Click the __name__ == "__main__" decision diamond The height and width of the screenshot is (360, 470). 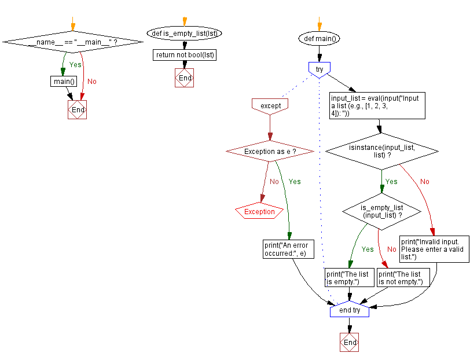coord(72,42)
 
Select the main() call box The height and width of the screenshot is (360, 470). coord(64,81)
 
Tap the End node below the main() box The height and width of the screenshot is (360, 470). coord(77,110)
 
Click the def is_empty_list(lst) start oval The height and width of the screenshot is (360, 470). coord(184,33)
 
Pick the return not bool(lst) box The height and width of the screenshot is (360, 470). coord(185,55)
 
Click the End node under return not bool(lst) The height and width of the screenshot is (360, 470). coord(184,78)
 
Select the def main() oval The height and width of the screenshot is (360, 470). coord(319,39)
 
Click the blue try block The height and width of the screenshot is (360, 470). coord(319,69)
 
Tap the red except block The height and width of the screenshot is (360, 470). coord(270,106)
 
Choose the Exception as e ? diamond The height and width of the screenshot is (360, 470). coord(270,151)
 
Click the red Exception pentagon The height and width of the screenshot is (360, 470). coord(259,212)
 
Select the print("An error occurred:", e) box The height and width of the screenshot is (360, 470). coord(285,249)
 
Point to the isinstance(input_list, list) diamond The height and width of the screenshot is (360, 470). coord(382,152)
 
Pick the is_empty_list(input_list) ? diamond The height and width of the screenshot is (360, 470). coord(382,211)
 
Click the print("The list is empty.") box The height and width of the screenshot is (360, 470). coord(349,278)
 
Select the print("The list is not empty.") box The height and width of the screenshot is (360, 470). coord(403,278)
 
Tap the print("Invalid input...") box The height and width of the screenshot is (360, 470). coord(434,249)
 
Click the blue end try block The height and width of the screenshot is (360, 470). coord(350,310)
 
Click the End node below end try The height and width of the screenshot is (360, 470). coord(350,343)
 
